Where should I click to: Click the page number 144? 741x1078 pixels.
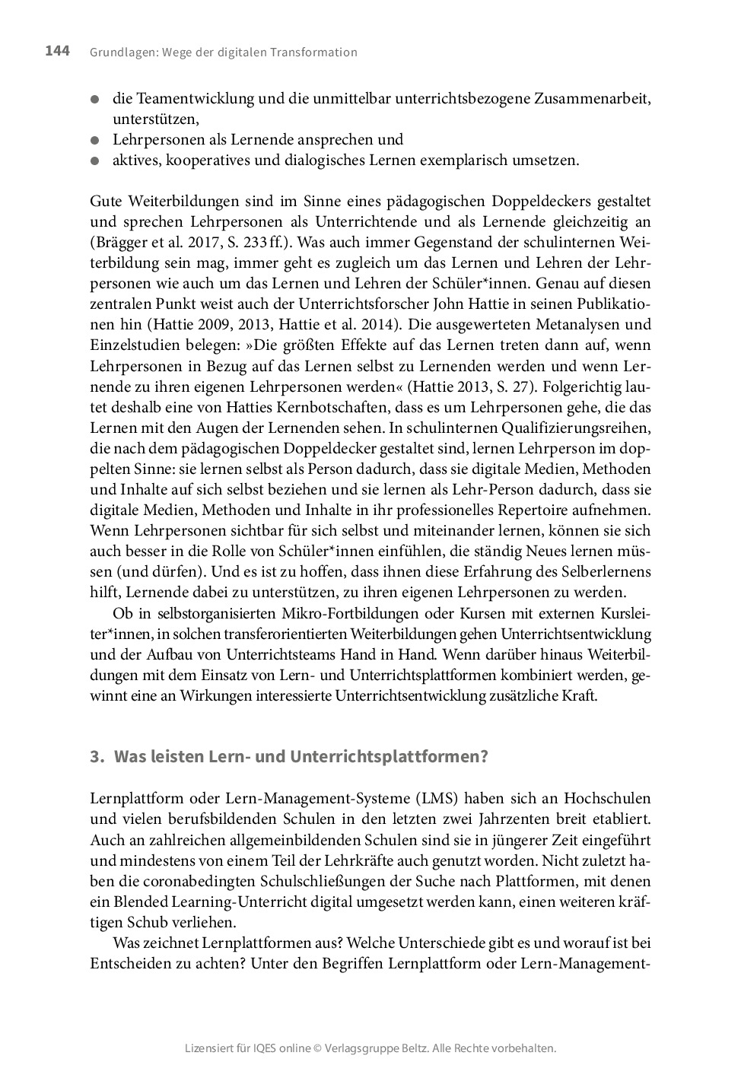57,51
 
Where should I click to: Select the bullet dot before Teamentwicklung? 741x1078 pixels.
95,99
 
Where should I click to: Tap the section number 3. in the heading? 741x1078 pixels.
96,757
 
